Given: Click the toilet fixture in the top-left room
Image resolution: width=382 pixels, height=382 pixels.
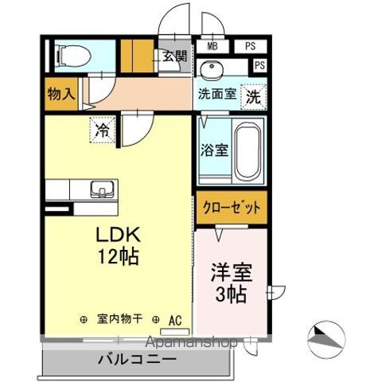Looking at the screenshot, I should click(x=69, y=56).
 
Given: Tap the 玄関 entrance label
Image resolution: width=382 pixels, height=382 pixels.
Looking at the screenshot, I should click(x=176, y=57).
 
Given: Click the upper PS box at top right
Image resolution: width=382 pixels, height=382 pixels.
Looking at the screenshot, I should click(x=250, y=46).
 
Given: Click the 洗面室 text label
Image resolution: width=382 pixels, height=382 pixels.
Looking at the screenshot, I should click(x=216, y=94).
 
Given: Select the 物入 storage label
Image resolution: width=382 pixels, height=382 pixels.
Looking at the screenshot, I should click(x=60, y=93).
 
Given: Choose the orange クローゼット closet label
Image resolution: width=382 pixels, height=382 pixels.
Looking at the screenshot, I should click(x=232, y=207).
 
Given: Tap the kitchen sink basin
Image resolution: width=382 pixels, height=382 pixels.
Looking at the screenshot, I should click(x=101, y=189).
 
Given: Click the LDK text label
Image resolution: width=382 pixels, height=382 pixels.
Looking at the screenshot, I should click(x=119, y=236).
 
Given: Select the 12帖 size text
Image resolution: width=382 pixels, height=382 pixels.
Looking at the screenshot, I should click(x=119, y=256).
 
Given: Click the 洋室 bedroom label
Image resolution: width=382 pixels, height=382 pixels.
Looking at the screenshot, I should click(x=231, y=273).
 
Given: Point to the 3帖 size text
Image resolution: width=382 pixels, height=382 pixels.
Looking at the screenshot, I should click(x=231, y=293).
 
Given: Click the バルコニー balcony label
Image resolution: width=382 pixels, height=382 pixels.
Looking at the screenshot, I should click(x=137, y=359).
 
